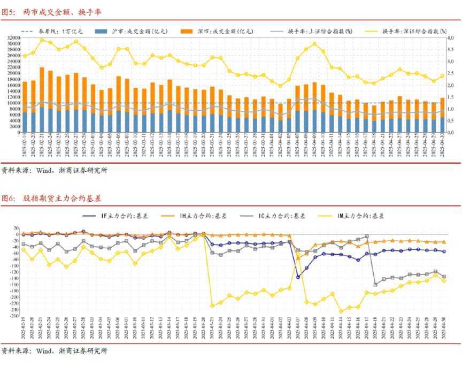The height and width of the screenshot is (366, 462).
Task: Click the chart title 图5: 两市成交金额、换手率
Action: tap(51, 12)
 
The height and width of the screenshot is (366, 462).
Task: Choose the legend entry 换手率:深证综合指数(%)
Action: tap(414, 32)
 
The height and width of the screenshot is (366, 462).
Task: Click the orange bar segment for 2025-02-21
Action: tap(42, 88)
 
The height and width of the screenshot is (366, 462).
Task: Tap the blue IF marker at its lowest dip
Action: tap(298, 277)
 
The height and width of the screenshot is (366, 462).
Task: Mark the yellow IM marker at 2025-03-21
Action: tap(212, 306)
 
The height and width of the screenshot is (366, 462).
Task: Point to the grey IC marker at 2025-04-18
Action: tap(375, 284)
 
